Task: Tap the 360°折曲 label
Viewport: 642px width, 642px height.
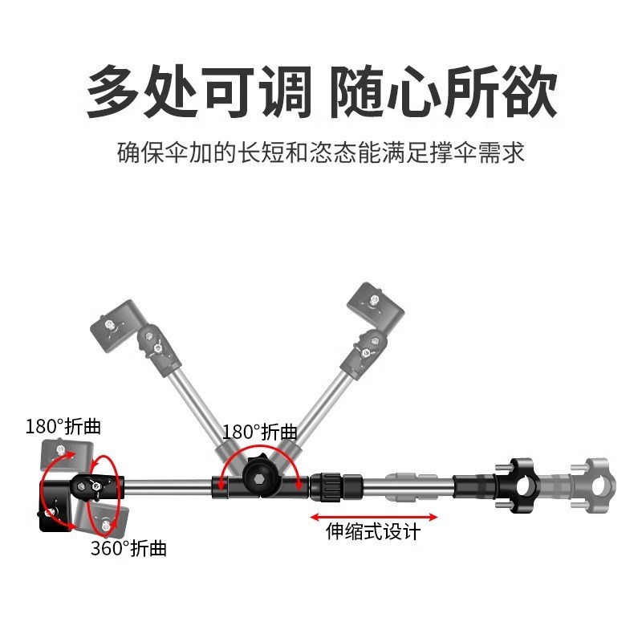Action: [128, 549]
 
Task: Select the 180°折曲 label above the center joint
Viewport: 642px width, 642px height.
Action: [260, 432]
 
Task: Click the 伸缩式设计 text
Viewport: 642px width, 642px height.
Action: [373, 531]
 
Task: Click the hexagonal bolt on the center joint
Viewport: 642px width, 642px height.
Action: [259, 482]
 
